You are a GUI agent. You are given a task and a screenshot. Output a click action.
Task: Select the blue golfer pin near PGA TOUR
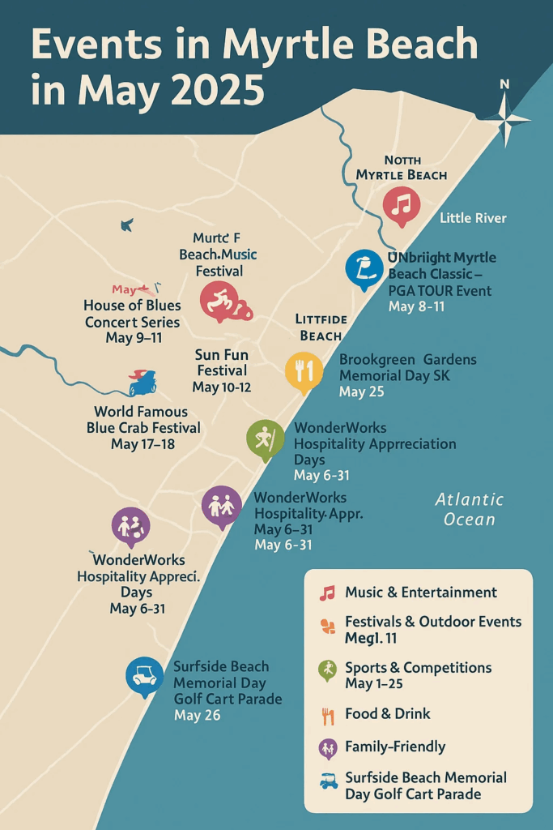pyautogui.click(x=364, y=267)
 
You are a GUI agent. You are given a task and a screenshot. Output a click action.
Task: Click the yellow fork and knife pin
pyautogui.click(x=304, y=370)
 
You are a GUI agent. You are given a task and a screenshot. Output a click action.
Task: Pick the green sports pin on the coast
pyautogui.click(x=265, y=438)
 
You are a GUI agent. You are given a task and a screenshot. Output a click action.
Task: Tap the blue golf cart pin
pyautogui.click(x=145, y=675)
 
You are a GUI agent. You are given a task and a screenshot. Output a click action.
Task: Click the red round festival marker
pyautogui.click(x=219, y=302)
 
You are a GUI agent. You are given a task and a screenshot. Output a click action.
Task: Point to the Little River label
pyautogui.click(x=473, y=218)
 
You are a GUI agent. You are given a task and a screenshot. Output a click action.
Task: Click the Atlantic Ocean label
pyautogui.click(x=469, y=509)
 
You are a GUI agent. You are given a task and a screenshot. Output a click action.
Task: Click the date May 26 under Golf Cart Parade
pyautogui.click(x=197, y=716)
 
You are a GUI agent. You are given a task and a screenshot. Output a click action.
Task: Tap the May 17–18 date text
pyautogui.click(x=143, y=444)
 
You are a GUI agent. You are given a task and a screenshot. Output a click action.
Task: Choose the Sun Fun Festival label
pyautogui.click(x=221, y=363)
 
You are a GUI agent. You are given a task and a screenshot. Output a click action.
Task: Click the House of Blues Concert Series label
pyautogui.click(x=132, y=314)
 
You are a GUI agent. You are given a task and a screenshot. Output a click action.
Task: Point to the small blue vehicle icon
pyautogui.click(x=143, y=383)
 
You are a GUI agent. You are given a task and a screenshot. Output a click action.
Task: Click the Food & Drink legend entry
pyautogui.click(x=387, y=714)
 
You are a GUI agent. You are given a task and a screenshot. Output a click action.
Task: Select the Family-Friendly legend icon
pyautogui.click(x=327, y=747)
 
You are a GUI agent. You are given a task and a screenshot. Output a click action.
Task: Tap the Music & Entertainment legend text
pyautogui.click(x=420, y=593)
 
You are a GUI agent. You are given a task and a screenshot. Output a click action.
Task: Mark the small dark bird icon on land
pyautogui.click(x=126, y=225)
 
